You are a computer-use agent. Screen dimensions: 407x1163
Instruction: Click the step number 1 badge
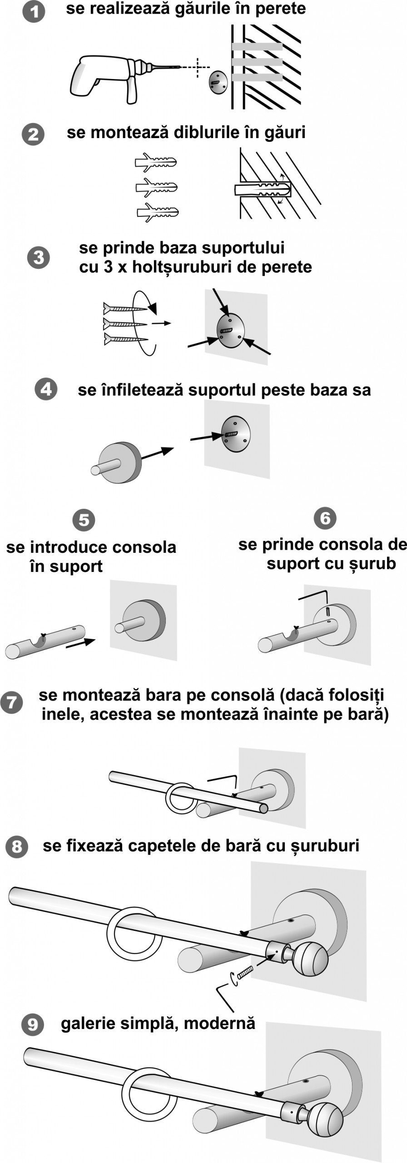click(x=34, y=11)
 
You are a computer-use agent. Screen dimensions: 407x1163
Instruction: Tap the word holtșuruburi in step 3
click(x=182, y=267)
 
